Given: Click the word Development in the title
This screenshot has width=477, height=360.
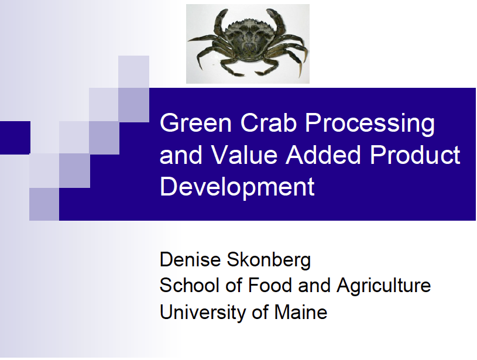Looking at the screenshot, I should [x=237, y=187].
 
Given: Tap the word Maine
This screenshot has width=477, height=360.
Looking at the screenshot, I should [x=300, y=312].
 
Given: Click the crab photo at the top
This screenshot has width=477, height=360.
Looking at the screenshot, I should [x=248, y=44].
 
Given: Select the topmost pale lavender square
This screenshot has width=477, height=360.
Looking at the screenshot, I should [x=133, y=71].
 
